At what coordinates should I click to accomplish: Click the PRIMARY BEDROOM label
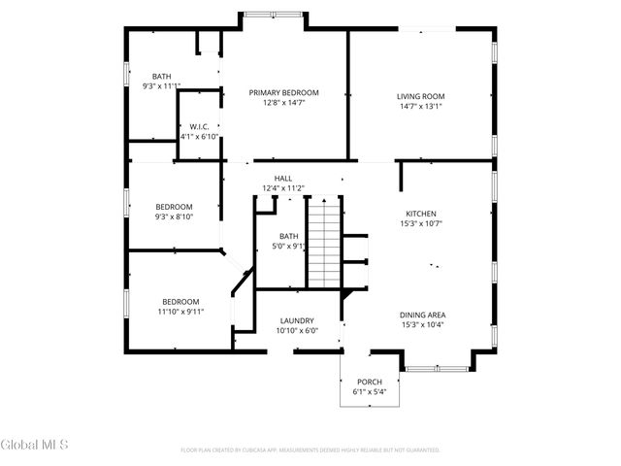tap(283, 93)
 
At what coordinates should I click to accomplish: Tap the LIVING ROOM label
tap(420, 96)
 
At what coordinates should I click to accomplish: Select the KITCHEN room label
tap(420, 214)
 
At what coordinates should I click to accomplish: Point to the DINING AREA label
tap(422, 315)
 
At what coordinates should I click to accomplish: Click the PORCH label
tap(369, 382)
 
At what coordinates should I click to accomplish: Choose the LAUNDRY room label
tap(296, 320)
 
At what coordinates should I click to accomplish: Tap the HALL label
tap(283, 178)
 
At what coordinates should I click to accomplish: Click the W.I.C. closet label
tap(200, 126)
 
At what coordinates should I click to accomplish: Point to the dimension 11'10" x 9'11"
tap(180, 312)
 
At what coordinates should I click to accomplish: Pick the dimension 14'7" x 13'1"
tap(420, 107)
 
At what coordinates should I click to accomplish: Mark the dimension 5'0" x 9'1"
tap(289, 247)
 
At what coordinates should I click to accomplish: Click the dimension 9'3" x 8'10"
tap(175, 216)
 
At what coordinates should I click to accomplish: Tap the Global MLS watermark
tap(35, 445)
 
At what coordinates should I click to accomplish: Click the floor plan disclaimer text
tap(310, 450)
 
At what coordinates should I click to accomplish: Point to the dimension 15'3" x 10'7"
tap(420, 224)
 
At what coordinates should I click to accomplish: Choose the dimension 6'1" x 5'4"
tap(369, 392)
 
